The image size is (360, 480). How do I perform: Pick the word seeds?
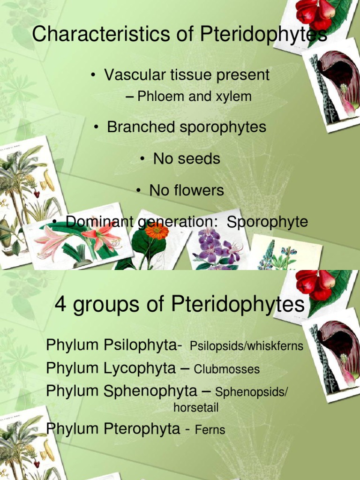coord(198,159)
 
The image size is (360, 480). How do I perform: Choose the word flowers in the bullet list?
coord(199,190)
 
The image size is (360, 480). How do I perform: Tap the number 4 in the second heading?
coord(60,305)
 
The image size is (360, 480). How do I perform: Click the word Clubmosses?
coord(226,369)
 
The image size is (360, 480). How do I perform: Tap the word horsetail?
coord(196,408)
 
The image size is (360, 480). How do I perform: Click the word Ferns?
coord(210,429)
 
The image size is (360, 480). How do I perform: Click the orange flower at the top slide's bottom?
coord(157,231)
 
